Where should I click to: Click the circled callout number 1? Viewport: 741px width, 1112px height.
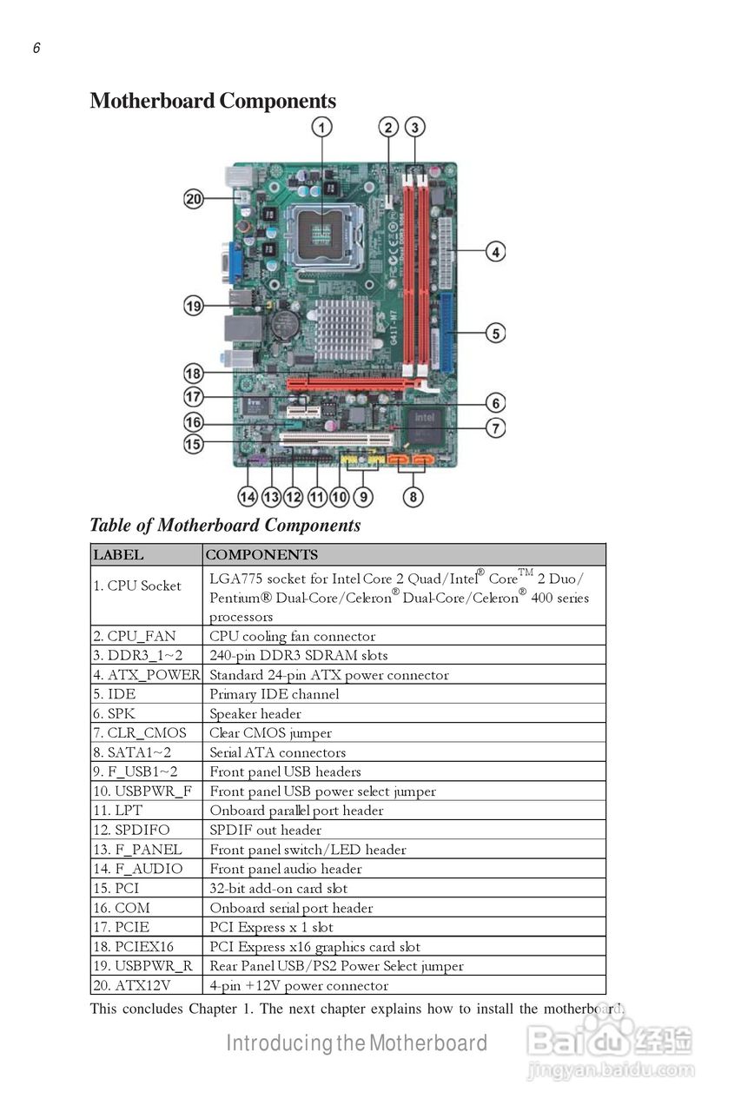321,128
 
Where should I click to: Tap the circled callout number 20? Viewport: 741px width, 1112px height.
194,199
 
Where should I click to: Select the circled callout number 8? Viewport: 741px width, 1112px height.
413,496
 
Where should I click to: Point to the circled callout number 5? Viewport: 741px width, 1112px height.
495,333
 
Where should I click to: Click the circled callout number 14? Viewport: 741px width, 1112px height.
248,496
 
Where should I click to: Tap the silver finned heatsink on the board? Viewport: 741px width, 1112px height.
343,329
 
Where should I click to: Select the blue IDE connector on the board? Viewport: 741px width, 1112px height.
447,333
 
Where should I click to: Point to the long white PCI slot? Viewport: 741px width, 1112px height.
336,440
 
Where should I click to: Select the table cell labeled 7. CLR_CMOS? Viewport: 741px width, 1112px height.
147,732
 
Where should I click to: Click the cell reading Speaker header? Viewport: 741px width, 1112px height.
404,713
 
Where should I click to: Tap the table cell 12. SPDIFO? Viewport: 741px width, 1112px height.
147,830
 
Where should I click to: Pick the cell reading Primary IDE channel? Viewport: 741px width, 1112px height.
404,694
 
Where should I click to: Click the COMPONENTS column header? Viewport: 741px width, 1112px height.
404,554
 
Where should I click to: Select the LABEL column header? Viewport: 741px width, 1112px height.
147,554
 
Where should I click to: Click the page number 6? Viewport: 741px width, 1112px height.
36,48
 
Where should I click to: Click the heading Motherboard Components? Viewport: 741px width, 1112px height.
213,101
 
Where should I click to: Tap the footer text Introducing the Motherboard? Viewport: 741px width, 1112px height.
356,1042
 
